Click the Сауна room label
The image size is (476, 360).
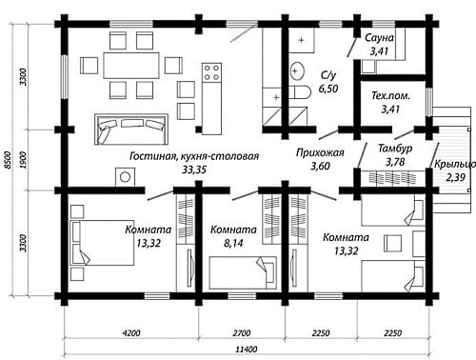(x=379, y=38)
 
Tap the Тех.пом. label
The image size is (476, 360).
(x=390, y=96)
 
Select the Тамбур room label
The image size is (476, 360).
(x=395, y=149)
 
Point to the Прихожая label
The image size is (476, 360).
(x=320, y=152)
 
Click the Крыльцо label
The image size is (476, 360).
(x=455, y=165)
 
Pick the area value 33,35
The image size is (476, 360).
(x=194, y=170)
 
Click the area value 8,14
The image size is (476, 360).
(x=233, y=243)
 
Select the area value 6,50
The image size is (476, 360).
(x=328, y=89)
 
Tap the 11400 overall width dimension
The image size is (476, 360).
(x=247, y=350)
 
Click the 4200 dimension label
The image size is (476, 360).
(x=131, y=333)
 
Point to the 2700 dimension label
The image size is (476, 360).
(x=242, y=333)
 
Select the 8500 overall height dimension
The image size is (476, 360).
(x=8, y=160)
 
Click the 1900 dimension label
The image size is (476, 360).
(x=23, y=160)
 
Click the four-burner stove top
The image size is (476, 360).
(x=212, y=71)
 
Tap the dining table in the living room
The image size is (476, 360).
(x=131, y=66)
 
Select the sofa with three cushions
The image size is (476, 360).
(x=131, y=130)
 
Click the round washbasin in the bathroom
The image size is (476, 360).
(x=297, y=70)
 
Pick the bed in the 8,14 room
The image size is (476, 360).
(x=243, y=272)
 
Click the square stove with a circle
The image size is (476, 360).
(x=126, y=177)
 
